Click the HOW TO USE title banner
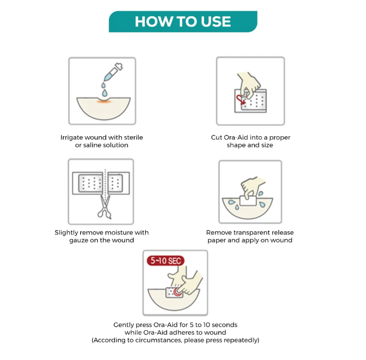[x=183, y=21]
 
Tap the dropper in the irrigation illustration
[x=113, y=72]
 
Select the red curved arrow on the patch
[x=240, y=100]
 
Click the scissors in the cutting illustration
[x=105, y=207]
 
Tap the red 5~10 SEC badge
[x=166, y=261]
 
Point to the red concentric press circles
[x=177, y=291]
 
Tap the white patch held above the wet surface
[x=248, y=201]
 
